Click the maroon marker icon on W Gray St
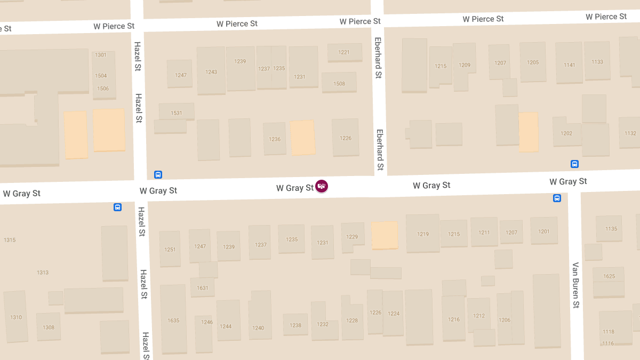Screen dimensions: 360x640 pyautogui.click(x=322, y=186)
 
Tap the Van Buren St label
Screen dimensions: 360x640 pyautogui.click(x=575, y=285)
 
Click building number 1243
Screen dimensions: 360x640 pyautogui.click(x=211, y=71)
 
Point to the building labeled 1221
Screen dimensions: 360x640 pyautogui.click(x=344, y=52)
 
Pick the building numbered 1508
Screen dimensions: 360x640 pyautogui.click(x=339, y=83)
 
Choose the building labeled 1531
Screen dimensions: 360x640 pyautogui.click(x=177, y=113)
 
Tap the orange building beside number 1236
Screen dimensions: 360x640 pyautogui.click(x=302, y=138)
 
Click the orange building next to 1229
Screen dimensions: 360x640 pyautogui.click(x=385, y=235)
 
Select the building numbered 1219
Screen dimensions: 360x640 pyautogui.click(x=423, y=234)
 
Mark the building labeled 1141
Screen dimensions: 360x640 pyautogui.click(x=569, y=64)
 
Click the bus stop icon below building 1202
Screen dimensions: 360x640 pyautogui.click(x=574, y=164)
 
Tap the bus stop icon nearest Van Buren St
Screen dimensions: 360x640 pyautogui.click(x=557, y=198)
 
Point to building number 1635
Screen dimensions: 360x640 pyautogui.click(x=173, y=320)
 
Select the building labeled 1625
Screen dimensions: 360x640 pyautogui.click(x=609, y=276)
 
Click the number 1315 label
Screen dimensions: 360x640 pyautogui.click(x=10, y=240)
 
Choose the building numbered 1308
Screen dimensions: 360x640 pyautogui.click(x=49, y=327)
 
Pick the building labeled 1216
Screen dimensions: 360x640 pyautogui.click(x=453, y=319)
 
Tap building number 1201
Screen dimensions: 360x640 pyautogui.click(x=543, y=231)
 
